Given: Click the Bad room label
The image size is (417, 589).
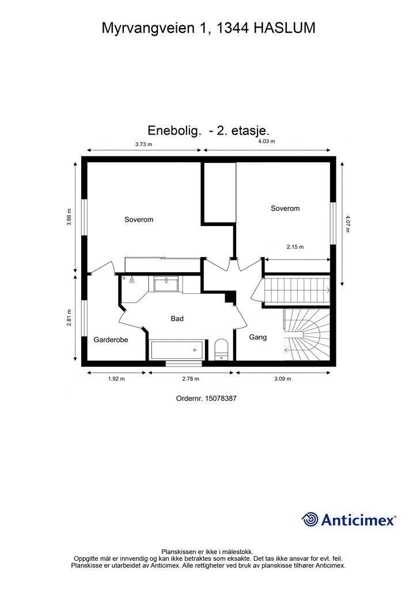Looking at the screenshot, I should click(x=177, y=318).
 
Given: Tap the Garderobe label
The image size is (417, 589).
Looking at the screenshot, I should click(x=111, y=340).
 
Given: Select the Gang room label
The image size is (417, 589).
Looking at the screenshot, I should click(x=257, y=338).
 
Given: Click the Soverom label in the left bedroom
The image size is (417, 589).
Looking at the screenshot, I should click(x=139, y=220).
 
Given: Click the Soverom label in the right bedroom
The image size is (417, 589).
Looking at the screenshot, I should click(x=285, y=208).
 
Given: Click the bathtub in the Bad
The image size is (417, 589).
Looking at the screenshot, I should click(x=177, y=350).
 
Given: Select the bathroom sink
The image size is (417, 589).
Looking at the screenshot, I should click(x=166, y=283).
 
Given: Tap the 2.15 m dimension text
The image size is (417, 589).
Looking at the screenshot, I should click(x=295, y=247).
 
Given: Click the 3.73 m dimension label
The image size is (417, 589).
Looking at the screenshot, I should click(x=143, y=144).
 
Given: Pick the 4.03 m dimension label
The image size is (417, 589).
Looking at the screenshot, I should click(x=266, y=141).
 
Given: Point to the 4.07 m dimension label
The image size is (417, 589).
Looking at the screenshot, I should click(x=348, y=223).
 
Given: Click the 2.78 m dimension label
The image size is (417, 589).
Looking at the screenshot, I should click(x=191, y=379).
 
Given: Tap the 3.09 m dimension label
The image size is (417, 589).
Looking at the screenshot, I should click(x=282, y=379).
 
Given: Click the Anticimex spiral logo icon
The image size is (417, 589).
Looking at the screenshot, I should click(x=310, y=519).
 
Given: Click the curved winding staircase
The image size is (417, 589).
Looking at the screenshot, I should click(x=307, y=335).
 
